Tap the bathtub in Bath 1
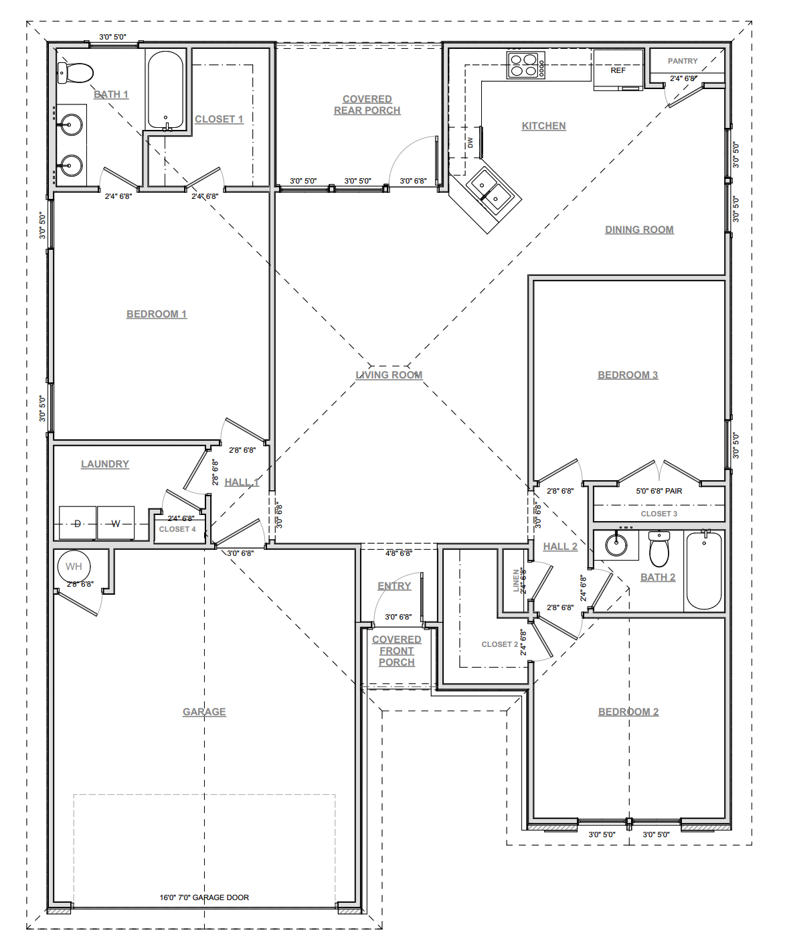[x=165, y=90]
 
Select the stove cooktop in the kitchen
[x=526, y=65]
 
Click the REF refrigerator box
[x=618, y=70]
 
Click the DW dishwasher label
[x=470, y=143]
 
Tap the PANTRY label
[x=683, y=61]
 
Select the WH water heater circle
[x=74, y=567]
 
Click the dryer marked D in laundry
[x=78, y=523]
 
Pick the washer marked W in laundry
[x=116, y=523]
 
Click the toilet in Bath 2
[x=659, y=549]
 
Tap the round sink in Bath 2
[x=616, y=544]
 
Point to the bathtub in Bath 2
[x=704, y=570]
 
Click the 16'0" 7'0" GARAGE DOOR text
[x=204, y=897]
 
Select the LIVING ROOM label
[x=389, y=375]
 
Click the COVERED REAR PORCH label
[x=367, y=104]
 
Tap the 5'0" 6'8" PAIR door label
[x=659, y=491]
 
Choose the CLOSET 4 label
[x=177, y=529]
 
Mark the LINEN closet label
[x=516, y=580]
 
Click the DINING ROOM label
[x=639, y=230]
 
